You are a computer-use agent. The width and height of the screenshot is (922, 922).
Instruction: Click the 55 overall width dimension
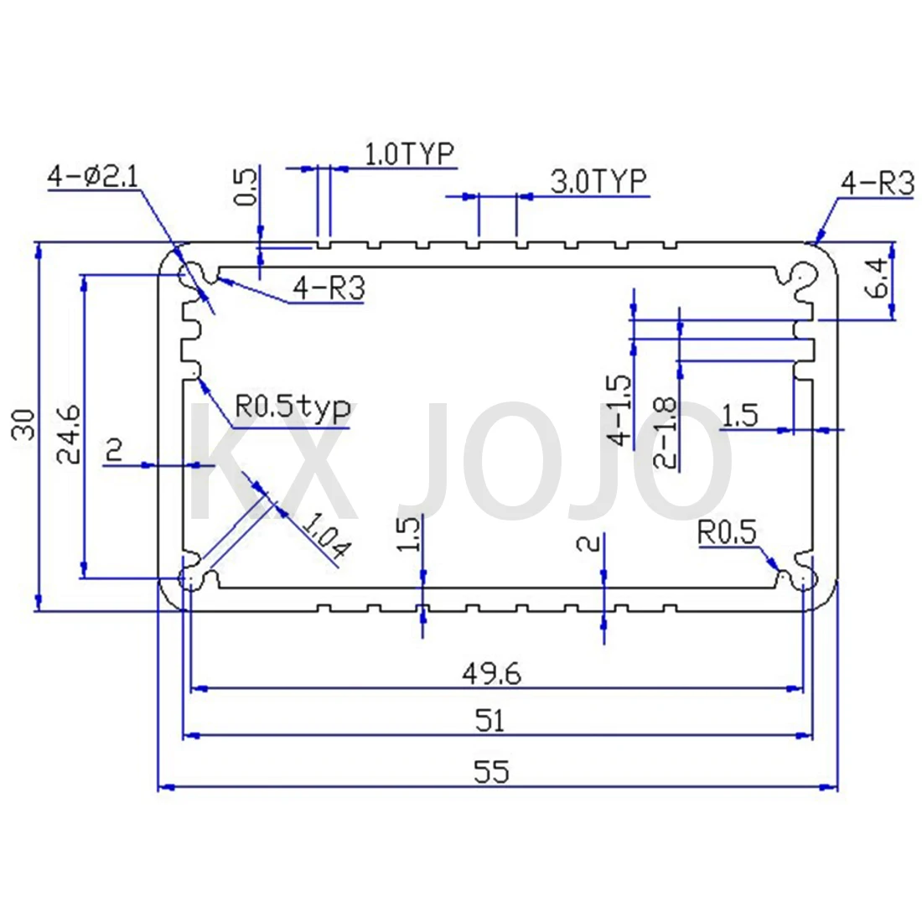pos(491,771)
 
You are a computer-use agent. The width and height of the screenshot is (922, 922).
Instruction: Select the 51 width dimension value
pos(489,720)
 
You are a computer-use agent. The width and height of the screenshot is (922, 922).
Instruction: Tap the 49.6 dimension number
pos(491,673)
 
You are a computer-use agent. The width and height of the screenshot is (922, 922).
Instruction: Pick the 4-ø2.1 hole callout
pos(94,177)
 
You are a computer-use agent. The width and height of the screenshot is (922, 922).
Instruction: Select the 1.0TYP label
pos(408,154)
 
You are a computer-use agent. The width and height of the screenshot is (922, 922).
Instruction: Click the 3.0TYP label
pos(598,181)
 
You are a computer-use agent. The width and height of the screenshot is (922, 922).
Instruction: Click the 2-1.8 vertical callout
pos(665,432)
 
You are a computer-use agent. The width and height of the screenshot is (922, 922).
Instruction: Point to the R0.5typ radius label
pos(292,408)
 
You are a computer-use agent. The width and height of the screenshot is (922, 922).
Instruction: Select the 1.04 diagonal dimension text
pos(324,536)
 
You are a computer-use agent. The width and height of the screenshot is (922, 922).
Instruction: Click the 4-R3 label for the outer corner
pos(877,184)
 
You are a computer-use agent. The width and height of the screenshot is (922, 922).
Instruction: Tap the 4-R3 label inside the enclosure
pos(329,288)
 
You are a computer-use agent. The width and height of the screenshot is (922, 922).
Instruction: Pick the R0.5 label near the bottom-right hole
pos(727,532)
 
